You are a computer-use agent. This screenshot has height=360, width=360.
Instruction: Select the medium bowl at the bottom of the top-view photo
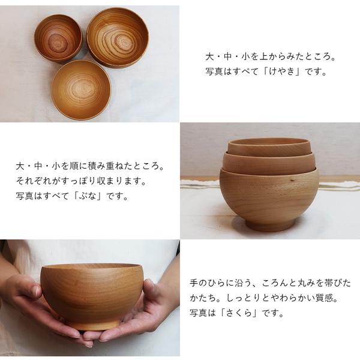point(81,89)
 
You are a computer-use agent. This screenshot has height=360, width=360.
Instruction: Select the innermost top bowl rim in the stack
point(269,143)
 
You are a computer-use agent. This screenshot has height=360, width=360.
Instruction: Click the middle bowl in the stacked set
point(269,161)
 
